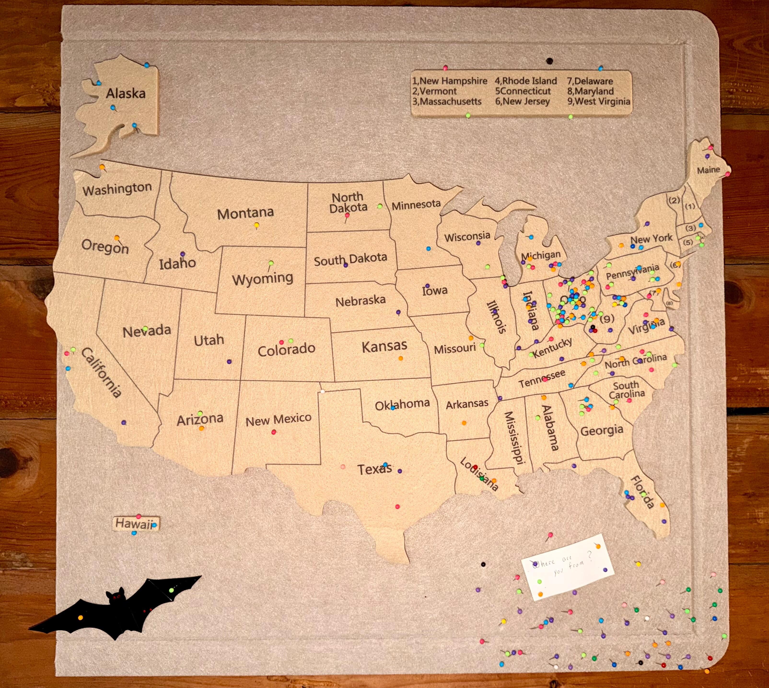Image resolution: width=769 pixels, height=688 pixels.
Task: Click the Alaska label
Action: pyautogui.click(x=126, y=93)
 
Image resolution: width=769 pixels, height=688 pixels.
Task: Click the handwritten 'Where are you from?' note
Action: pyautogui.click(x=567, y=567)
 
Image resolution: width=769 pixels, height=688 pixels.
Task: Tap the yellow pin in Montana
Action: pyautogui.click(x=257, y=225)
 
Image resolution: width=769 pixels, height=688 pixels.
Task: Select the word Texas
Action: pyautogui.click(x=374, y=470)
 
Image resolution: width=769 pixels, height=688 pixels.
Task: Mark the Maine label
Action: pyautogui.click(x=708, y=170)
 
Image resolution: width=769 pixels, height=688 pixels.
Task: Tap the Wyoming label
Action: pyautogui.click(x=263, y=279)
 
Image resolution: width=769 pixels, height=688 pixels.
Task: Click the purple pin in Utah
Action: pyautogui.click(x=229, y=361)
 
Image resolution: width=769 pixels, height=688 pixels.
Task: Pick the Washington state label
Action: pyautogui.click(x=117, y=189)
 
